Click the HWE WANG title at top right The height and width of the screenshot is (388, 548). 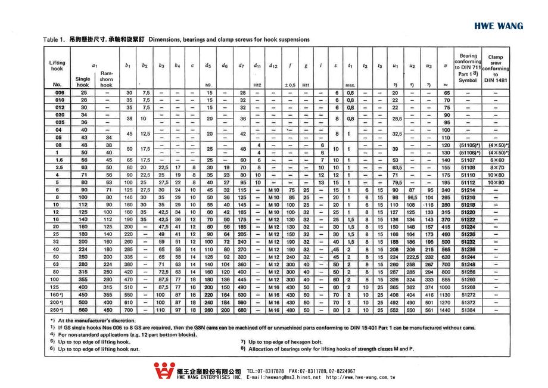coord(499,26)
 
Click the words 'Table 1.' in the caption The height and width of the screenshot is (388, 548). coord(54,39)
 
